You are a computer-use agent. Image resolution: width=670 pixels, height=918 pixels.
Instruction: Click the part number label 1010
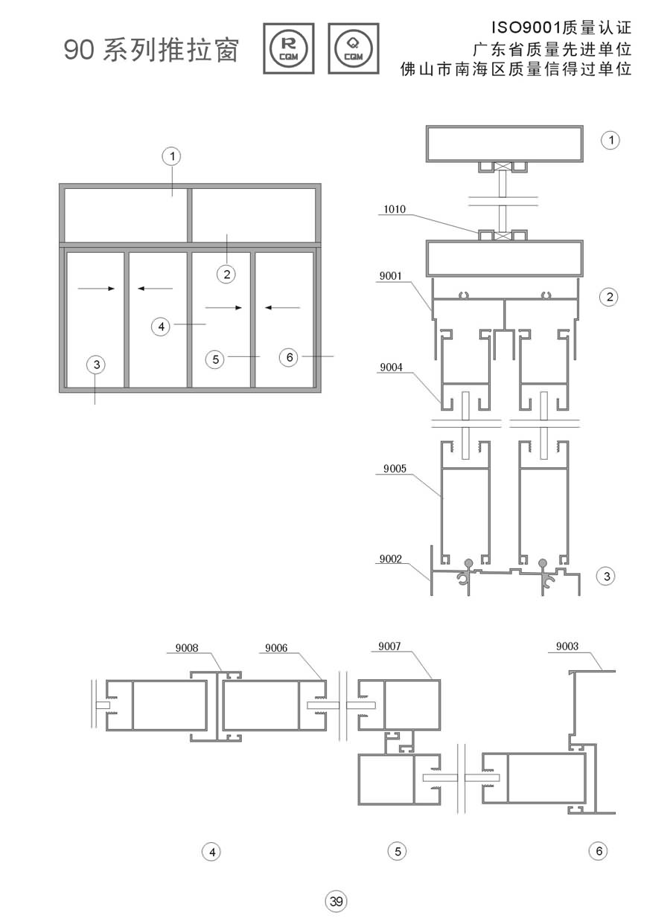coord(395,210)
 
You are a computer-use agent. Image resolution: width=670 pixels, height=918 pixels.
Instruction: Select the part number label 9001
coord(390,276)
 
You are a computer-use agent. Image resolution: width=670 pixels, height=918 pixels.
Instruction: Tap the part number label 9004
coord(391,367)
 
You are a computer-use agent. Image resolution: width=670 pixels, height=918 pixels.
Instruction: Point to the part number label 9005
coord(395,469)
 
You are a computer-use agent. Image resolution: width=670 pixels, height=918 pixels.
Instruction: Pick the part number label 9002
coord(390,559)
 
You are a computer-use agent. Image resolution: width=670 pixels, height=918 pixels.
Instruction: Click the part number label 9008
coord(187,648)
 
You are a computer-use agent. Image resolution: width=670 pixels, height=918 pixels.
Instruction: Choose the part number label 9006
coord(276,648)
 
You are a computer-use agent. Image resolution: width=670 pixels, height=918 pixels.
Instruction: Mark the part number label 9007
coord(389,646)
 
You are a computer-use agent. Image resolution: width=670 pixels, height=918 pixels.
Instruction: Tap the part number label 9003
coord(567,646)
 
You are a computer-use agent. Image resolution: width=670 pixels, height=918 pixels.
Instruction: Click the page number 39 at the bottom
coord(336,901)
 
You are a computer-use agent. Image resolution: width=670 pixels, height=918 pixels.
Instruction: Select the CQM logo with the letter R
coord(289,48)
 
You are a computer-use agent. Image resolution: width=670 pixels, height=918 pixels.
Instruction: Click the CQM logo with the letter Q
coord(354,48)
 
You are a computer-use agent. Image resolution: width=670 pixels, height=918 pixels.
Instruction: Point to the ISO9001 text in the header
coord(526,28)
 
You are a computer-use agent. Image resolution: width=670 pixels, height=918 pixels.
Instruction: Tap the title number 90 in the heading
coord(79,50)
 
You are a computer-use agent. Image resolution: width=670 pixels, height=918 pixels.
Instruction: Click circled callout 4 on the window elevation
coord(161,327)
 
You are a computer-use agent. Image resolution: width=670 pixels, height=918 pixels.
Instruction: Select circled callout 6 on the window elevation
coord(289,357)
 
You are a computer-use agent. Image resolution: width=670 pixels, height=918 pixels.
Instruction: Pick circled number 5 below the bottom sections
coord(398,852)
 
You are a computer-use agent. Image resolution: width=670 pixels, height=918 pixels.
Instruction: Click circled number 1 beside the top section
coord(610,140)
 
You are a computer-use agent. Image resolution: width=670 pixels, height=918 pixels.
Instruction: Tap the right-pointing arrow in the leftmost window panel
coord(96,289)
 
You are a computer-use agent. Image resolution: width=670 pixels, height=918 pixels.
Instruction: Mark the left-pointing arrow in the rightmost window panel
coord(282,307)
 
